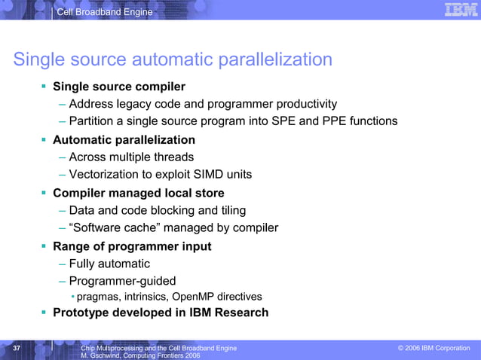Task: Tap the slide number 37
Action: (x=17, y=348)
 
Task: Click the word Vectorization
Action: (x=103, y=175)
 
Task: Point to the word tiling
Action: (x=229, y=211)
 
